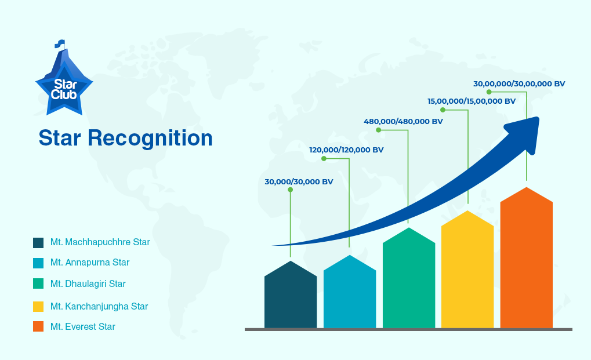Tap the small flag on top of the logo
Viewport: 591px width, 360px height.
(60, 43)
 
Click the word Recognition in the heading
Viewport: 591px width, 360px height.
(150, 139)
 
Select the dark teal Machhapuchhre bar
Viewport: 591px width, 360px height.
(291, 294)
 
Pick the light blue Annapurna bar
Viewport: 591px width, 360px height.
(350, 292)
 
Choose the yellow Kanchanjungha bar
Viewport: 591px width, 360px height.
(467, 269)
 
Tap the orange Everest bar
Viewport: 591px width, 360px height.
(527, 257)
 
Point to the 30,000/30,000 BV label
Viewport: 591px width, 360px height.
(299, 181)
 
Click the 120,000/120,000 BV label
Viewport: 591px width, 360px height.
(346, 150)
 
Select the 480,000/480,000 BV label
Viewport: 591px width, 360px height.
(403, 121)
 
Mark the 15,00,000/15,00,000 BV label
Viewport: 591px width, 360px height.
(472, 101)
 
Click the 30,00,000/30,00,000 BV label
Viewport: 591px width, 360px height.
(520, 83)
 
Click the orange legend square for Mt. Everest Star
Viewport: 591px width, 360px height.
(38, 326)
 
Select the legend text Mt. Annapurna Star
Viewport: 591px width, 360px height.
(90, 263)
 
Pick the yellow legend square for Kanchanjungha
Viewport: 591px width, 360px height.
(38, 307)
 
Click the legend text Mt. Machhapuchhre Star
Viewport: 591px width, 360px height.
(100, 242)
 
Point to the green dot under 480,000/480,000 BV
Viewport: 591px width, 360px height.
(378, 130)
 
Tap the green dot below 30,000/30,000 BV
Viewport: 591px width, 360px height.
(290, 190)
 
